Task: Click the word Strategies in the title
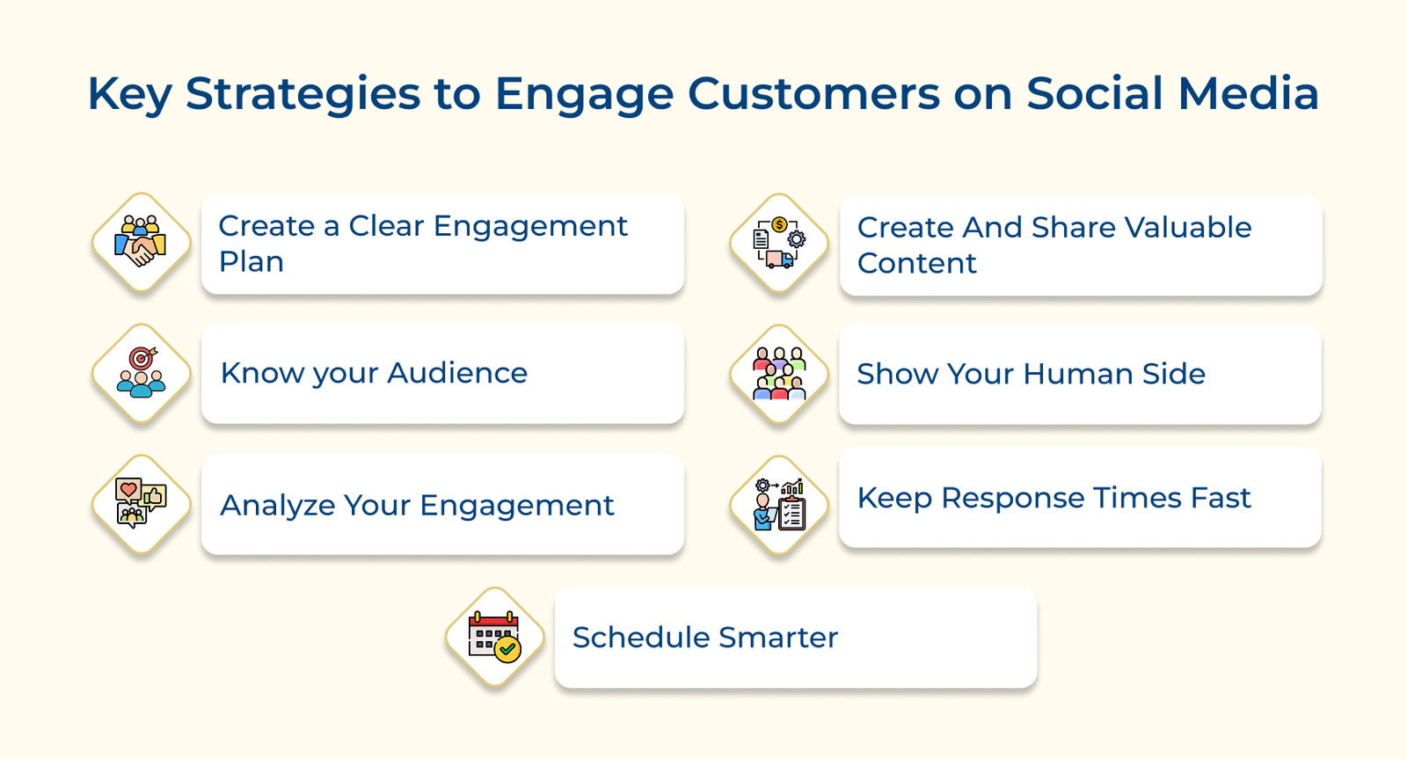point(303,94)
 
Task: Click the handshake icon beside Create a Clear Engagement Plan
point(141,243)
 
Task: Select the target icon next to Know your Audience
point(141,373)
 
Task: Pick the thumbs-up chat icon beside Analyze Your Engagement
point(141,504)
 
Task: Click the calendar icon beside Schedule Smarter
point(495,637)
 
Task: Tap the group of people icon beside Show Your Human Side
point(779,374)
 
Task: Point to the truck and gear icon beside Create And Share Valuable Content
point(779,244)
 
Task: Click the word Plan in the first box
point(252,262)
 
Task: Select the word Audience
point(457,373)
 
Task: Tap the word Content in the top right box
point(916,263)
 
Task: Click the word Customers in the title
point(814,94)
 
